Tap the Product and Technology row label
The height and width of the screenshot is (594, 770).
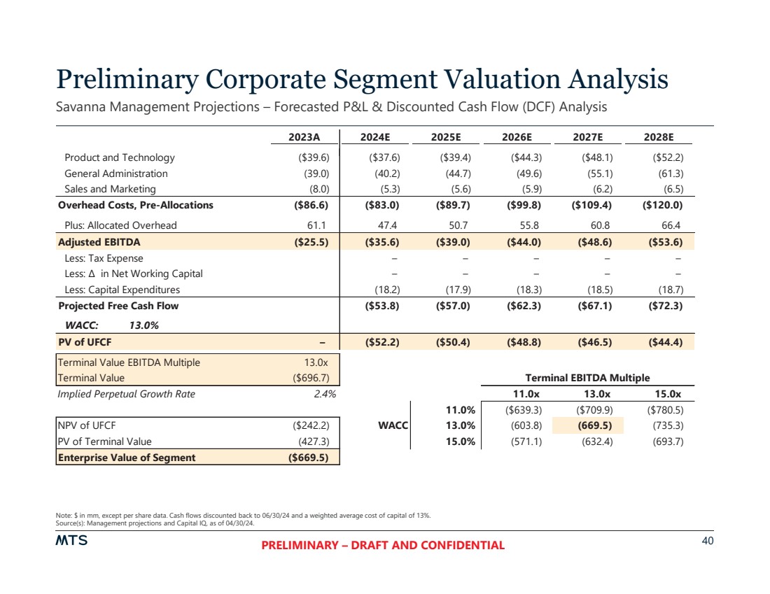point(120,157)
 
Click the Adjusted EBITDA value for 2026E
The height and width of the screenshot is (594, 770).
point(524,242)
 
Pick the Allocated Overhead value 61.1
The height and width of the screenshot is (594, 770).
point(319,225)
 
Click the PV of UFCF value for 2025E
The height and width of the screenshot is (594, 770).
point(454,342)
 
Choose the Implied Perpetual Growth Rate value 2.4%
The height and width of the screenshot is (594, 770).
point(325,394)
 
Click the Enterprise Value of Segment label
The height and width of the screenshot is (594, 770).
point(127,458)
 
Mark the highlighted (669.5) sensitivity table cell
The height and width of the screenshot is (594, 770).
point(587,425)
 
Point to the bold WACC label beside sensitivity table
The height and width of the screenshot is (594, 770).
point(396,425)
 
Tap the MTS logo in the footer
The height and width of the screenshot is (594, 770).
point(71,541)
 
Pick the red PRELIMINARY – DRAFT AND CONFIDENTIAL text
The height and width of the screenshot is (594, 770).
point(383,546)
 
